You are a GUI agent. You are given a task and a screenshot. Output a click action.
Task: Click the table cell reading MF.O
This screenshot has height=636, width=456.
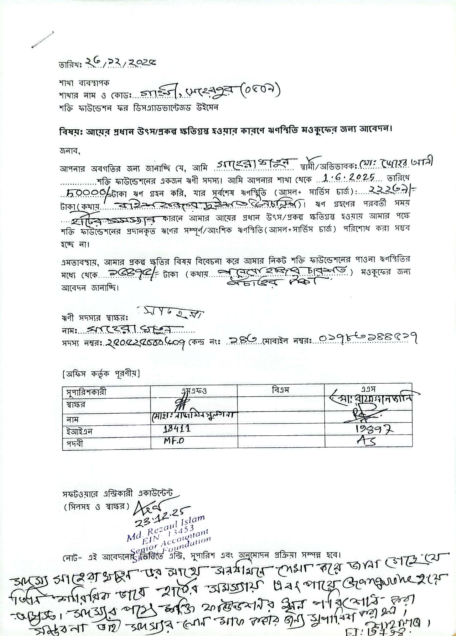pos(174,441)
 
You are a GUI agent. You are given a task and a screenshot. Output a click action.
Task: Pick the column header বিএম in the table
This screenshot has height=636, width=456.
pos(280,389)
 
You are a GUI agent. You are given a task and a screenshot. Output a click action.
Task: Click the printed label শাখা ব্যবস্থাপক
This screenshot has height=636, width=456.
pos(84,83)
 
